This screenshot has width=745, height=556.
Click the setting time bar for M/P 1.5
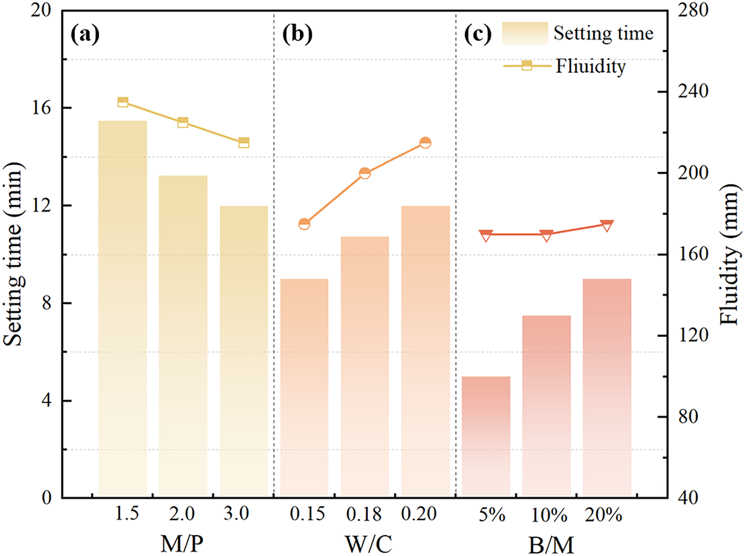click(x=123, y=309)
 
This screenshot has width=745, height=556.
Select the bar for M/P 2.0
click(x=183, y=337)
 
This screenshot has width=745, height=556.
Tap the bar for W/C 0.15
click(x=304, y=388)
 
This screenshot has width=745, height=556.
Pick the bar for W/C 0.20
click(x=425, y=352)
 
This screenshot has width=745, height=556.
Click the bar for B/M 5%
click(x=486, y=437)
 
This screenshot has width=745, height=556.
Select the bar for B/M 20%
click(x=607, y=388)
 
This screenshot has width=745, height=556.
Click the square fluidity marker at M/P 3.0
click(x=244, y=142)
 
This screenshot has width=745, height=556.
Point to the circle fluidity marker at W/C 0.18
click(x=365, y=173)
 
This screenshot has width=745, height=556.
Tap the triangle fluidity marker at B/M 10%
click(x=546, y=235)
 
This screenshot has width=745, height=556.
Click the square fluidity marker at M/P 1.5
click(x=123, y=102)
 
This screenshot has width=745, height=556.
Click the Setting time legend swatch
click(x=525, y=33)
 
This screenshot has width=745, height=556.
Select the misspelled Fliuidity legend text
click(x=591, y=65)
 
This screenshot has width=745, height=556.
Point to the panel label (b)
click(x=297, y=34)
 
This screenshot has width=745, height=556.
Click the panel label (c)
click(x=477, y=34)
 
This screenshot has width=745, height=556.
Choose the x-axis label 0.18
click(x=363, y=514)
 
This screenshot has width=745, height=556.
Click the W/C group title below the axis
click(x=368, y=544)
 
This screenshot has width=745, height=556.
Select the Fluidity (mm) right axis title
click(x=729, y=254)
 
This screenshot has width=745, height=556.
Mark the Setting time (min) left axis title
click(x=13, y=254)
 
